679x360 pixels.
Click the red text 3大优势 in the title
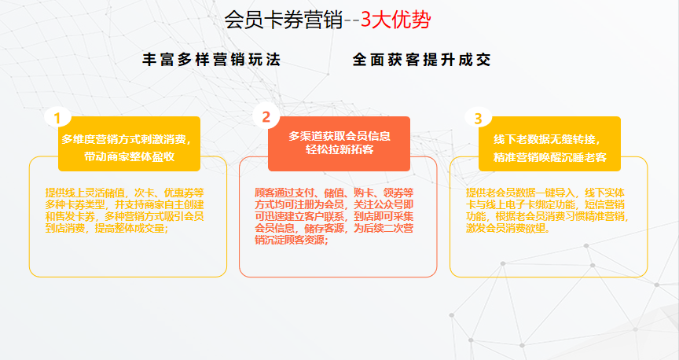[x=396, y=20]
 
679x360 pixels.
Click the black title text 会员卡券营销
[x=284, y=20]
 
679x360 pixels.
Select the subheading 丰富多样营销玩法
[x=211, y=60]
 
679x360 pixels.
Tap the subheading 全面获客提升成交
[x=421, y=60]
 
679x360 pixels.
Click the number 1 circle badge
[x=57, y=117]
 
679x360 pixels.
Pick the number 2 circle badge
[x=266, y=116]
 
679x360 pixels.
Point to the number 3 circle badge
[x=478, y=117]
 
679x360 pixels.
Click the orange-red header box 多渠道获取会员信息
[x=339, y=143]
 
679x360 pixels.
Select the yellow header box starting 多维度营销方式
[x=129, y=143]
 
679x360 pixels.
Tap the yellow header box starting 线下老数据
[x=549, y=143]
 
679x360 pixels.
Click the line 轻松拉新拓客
[x=339, y=150]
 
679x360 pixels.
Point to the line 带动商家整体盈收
[x=129, y=156]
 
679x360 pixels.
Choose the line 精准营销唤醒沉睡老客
[x=550, y=157]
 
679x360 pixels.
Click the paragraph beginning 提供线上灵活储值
[x=125, y=211]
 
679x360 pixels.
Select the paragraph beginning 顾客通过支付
[x=334, y=216]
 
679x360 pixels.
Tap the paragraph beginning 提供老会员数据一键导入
[x=547, y=211]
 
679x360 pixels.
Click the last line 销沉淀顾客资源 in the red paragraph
[x=292, y=240]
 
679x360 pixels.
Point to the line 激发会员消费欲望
[x=508, y=228]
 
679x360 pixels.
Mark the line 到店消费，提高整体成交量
[x=107, y=228]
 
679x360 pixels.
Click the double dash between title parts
[x=352, y=20]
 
